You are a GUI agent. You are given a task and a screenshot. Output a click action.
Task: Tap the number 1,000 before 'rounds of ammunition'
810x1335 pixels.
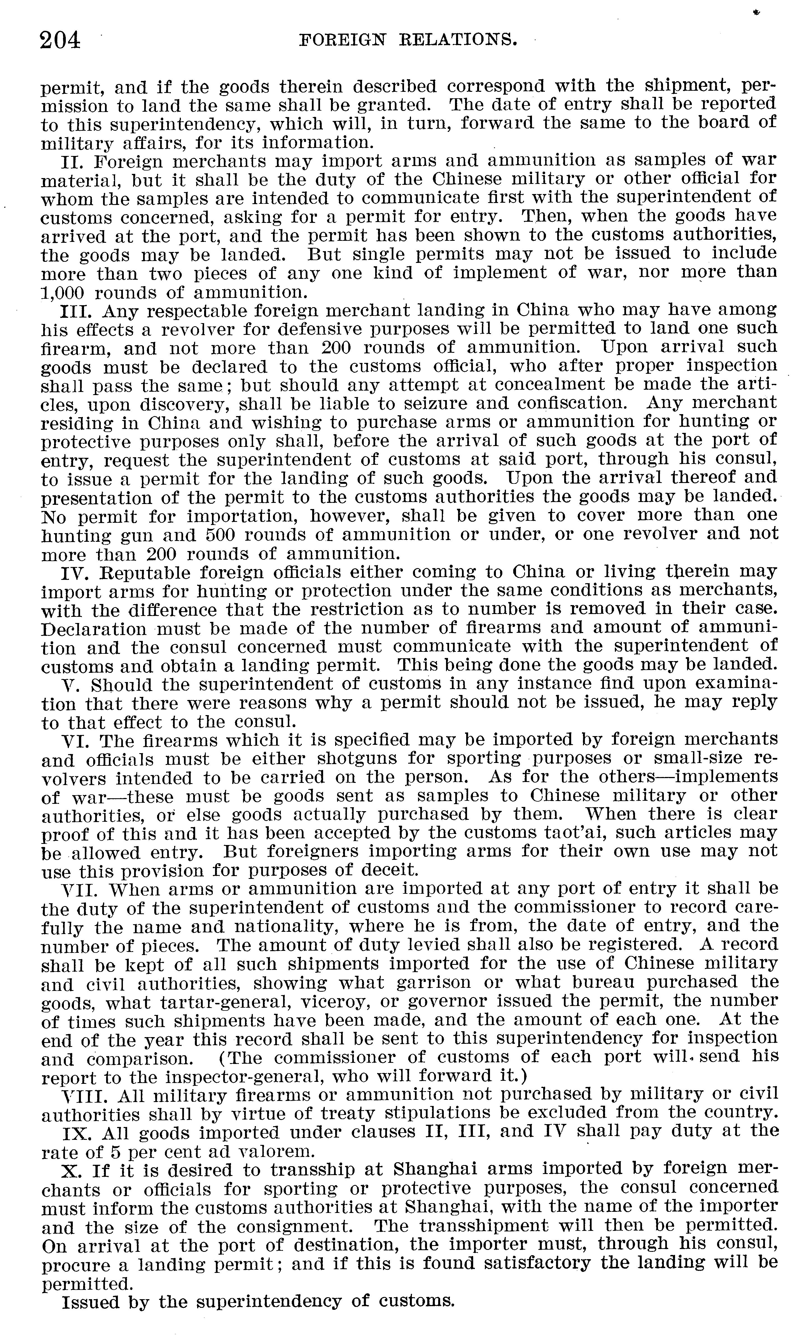coord(63,293)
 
